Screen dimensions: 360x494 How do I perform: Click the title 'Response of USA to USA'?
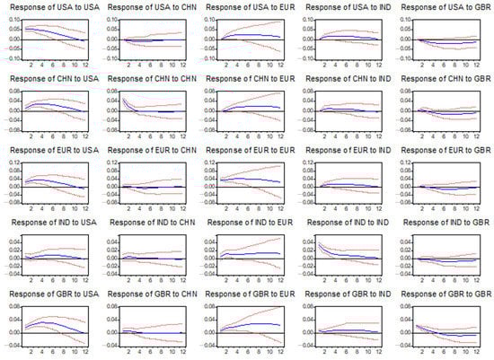pyautogui.click(x=54, y=7)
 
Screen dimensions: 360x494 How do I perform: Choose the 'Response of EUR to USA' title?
pyautogui.click(x=54, y=151)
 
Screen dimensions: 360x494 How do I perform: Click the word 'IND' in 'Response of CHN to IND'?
pyautogui.click(x=378, y=79)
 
